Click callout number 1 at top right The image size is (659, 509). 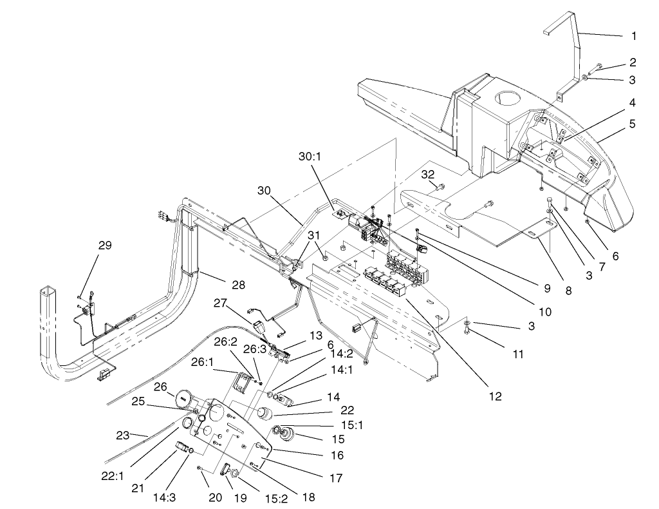(x=635, y=37)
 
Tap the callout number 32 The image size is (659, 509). (x=429, y=174)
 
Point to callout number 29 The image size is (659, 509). (x=105, y=245)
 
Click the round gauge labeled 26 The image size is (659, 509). (x=185, y=399)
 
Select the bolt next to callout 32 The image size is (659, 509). (x=440, y=187)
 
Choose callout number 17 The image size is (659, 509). (x=336, y=478)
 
